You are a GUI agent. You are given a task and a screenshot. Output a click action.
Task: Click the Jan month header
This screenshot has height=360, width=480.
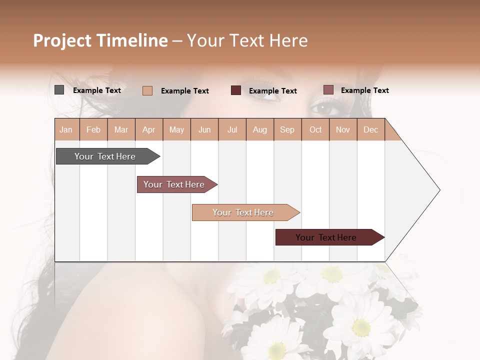pos(66,129)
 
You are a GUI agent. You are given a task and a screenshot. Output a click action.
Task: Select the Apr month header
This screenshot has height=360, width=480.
pos(149,129)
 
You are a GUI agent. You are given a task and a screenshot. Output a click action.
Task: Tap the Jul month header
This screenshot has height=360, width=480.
pos(232,129)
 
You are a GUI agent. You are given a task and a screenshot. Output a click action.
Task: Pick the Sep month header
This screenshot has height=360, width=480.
pos(287,129)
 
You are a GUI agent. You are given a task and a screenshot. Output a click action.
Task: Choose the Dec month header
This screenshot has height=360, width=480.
pos(370,129)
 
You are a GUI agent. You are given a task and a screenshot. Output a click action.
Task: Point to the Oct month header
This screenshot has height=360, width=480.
pos(315,129)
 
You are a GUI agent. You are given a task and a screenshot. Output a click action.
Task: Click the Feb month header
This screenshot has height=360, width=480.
pos(93,129)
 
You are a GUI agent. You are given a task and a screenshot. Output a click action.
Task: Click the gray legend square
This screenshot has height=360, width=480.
pos(59,90)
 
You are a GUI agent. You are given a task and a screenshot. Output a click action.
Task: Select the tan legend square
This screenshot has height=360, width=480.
pos(147,90)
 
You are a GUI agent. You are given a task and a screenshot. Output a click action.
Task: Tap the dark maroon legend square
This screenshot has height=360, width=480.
pos(236,90)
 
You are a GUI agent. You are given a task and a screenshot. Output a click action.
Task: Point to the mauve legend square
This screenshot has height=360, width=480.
pos(328,90)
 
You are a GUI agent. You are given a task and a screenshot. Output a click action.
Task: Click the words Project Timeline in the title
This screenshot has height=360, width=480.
pos(100,40)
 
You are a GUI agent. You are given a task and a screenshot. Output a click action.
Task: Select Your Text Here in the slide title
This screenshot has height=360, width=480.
pos(247,40)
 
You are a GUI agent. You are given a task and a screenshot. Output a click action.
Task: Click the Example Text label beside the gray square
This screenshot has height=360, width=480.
pos(97,90)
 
